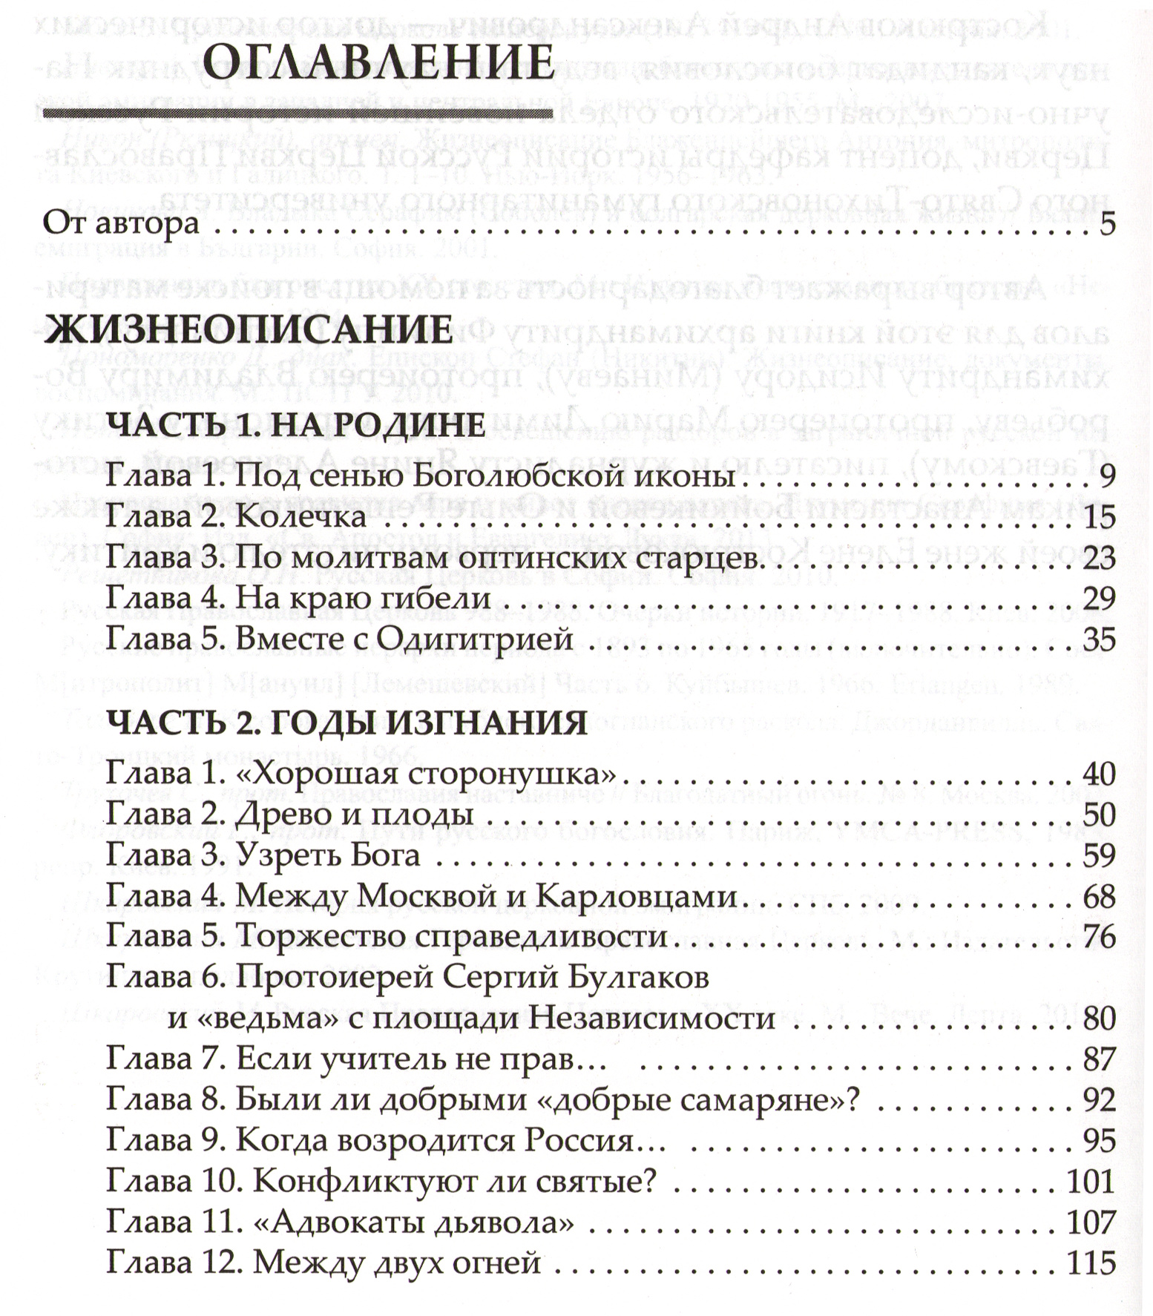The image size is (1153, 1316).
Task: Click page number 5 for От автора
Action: pyautogui.click(x=1107, y=223)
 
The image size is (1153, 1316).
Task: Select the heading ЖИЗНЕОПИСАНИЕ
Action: pyautogui.click(x=248, y=329)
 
